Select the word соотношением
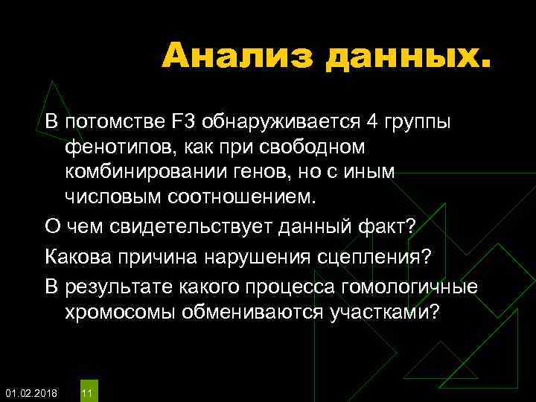point(243,197)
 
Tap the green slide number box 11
point(87,392)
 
